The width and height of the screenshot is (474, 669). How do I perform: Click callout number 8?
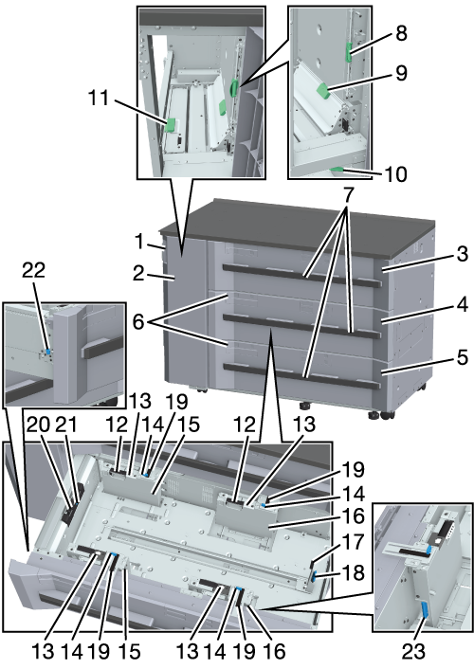(x=401, y=33)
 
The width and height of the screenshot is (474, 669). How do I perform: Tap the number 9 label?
(x=401, y=73)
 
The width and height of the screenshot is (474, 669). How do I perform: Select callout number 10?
(x=395, y=174)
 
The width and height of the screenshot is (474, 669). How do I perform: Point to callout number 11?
(x=99, y=99)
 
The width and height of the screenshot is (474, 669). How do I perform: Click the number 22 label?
(x=34, y=270)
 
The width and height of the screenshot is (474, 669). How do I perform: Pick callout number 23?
(x=413, y=651)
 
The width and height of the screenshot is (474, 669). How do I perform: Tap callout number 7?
(x=349, y=196)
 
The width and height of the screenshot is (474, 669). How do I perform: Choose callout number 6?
(x=138, y=321)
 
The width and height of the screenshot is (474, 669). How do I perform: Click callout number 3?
(x=462, y=254)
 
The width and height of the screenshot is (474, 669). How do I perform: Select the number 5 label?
(x=463, y=357)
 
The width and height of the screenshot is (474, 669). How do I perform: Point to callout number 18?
(x=353, y=572)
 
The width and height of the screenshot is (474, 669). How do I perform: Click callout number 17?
(x=353, y=542)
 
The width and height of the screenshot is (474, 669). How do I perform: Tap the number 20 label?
(x=39, y=425)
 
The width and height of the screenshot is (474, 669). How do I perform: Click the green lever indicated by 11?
(x=171, y=125)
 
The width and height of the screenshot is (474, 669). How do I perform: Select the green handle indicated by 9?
(x=322, y=91)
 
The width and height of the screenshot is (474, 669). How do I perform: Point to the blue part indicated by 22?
(x=47, y=352)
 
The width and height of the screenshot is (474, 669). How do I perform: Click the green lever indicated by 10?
(x=337, y=171)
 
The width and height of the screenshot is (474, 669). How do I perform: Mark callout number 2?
(x=138, y=274)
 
